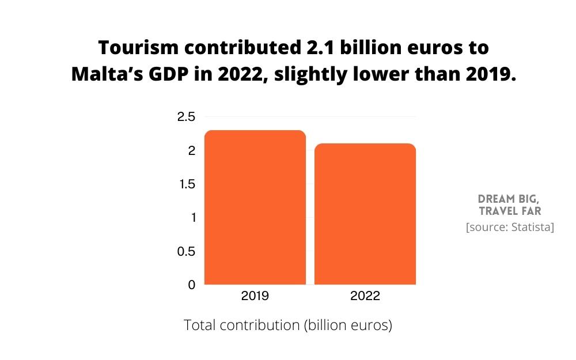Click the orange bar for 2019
255,207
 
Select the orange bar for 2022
365,214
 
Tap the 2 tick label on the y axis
192,150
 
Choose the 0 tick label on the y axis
192,285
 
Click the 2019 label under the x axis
255,296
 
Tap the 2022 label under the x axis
365,296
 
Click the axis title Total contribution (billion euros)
288,325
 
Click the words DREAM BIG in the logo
509,199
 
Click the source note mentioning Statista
510,228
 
